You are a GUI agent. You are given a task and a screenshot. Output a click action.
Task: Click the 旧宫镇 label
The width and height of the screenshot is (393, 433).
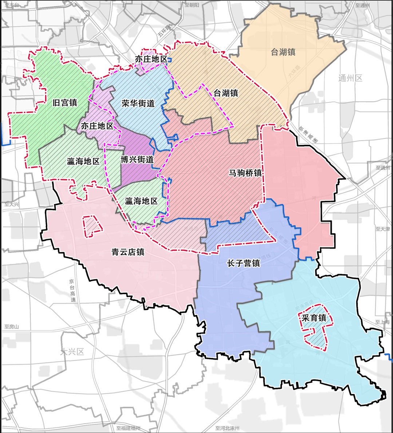click(65, 103)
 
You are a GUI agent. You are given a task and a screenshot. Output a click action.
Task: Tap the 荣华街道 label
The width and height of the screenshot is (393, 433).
click(138, 104)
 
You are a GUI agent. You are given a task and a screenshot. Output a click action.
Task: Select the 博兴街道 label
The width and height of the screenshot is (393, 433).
click(137, 160)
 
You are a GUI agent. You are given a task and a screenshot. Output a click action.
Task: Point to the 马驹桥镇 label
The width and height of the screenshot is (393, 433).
click(245, 173)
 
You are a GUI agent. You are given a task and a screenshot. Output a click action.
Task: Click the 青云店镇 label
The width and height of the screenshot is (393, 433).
click(128, 252)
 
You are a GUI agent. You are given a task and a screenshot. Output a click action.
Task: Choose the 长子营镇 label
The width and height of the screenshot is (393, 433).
click(243, 263)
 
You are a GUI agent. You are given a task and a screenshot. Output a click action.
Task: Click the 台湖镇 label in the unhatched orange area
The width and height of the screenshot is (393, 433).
click(283, 52)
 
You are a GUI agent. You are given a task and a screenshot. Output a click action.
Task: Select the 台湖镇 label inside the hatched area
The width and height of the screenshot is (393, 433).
click(226, 93)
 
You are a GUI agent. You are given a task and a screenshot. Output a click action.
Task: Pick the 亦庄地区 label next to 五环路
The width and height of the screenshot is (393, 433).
click(151, 59)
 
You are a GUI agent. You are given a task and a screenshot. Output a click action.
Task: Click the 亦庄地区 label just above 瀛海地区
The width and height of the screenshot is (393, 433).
click(97, 126)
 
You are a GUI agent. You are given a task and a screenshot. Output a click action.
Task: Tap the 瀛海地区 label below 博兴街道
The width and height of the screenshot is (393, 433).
click(141, 201)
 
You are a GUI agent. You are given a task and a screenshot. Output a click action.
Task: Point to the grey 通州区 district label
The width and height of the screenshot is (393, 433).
click(350, 78)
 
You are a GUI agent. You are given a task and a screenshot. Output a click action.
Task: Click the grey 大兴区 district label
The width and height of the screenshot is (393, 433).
click(72, 352)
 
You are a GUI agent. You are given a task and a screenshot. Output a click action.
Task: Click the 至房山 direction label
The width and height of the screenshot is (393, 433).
click(12, 327)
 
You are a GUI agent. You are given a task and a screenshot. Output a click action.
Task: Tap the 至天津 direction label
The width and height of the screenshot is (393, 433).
click(383, 229)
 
